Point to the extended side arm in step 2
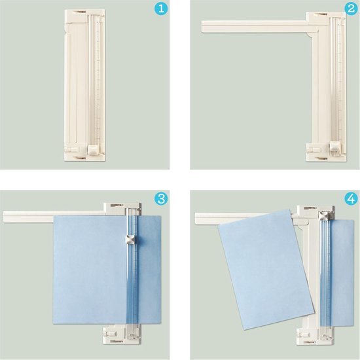(x=255, y=26)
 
